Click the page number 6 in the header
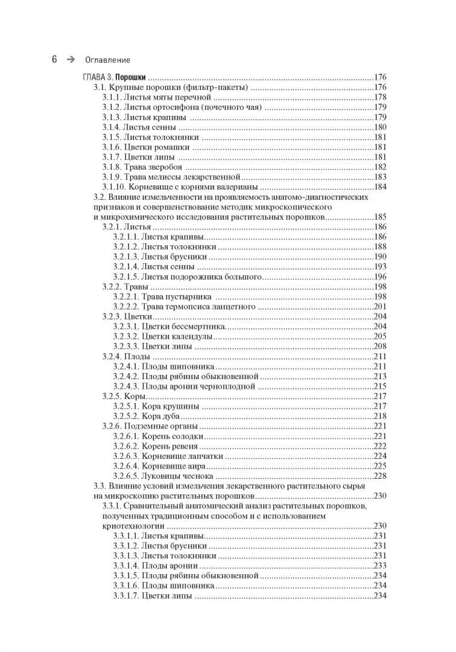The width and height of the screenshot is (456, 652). (x=54, y=59)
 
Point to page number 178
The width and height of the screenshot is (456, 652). (x=380, y=97)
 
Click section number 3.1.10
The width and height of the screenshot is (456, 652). (x=111, y=187)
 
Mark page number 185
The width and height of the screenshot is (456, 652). (x=380, y=216)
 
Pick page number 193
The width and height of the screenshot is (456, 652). (x=380, y=266)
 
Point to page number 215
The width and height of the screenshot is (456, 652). (x=380, y=386)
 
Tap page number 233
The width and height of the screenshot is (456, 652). (x=380, y=565)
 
